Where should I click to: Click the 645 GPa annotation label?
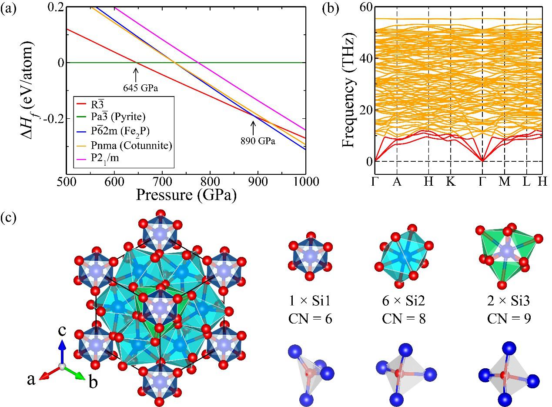[137, 88]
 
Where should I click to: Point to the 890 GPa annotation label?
[260, 141]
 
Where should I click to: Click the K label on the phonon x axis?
[451, 182]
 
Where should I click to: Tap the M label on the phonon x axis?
[504, 182]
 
